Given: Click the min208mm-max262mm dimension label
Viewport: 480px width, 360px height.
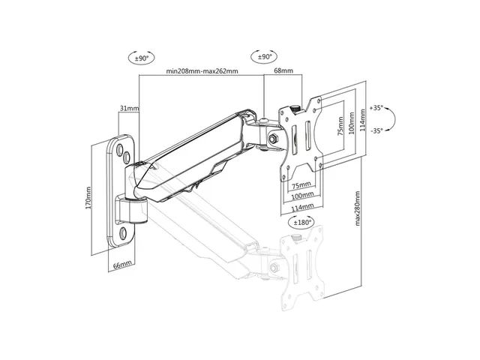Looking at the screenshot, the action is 202,71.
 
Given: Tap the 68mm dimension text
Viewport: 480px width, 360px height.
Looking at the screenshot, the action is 283,70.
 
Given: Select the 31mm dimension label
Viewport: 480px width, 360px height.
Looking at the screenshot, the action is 129,108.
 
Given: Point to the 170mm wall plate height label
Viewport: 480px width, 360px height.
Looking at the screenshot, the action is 88,198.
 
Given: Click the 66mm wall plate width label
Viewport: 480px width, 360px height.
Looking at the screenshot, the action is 122,265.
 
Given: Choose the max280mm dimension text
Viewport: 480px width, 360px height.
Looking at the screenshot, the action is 357,208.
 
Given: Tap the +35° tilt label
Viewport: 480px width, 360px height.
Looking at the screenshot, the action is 376,108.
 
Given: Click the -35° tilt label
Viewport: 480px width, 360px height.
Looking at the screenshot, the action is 376,130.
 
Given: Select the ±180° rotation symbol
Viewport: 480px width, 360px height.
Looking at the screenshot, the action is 301,222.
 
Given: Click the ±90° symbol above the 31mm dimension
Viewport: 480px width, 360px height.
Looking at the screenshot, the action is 141,58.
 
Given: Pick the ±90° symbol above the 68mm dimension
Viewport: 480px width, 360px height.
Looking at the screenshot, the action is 265,57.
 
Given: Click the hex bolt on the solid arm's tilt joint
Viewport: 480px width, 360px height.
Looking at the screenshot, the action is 273,139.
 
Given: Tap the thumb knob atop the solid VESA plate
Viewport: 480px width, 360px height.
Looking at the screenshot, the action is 295,108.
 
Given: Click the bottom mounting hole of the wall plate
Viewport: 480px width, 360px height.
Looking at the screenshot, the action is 124,233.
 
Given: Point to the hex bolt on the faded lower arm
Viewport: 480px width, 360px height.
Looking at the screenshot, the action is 274,268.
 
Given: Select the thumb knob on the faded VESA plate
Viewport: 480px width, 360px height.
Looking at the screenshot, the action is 295,238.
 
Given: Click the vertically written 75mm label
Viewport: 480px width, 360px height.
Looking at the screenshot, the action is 340,127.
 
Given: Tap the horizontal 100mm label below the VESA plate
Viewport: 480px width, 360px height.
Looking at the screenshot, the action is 302,195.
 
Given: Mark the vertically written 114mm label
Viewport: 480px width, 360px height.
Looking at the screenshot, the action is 362,120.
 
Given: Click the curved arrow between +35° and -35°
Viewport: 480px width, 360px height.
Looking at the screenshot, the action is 394,119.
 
